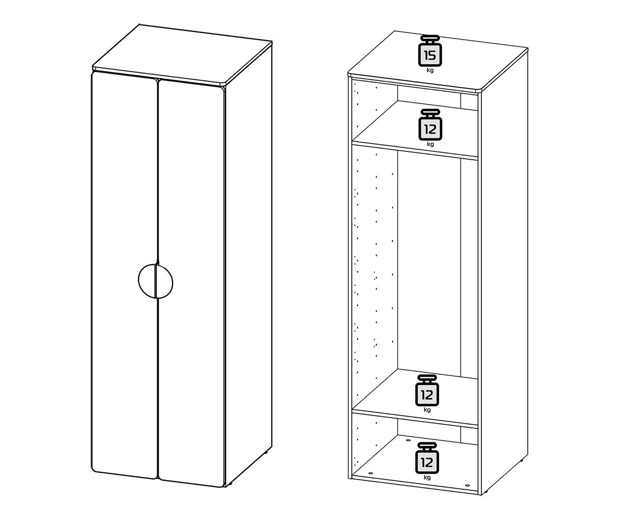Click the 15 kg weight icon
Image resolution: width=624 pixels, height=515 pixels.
pyautogui.click(x=430, y=51)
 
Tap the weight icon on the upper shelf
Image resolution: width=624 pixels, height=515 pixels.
pyautogui.click(x=430, y=125)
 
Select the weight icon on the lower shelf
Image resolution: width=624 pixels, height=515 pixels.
pyautogui.click(x=427, y=390)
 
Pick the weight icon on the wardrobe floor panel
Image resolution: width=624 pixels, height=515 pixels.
pyautogui.click(x=427, y=458)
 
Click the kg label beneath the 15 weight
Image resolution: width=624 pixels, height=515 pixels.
pyautogui.click(x=430, y=71)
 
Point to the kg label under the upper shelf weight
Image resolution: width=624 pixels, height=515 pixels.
pyautogui.click(x=430, y=145)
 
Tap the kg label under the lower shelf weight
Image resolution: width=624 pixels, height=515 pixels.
pyautogui.click(x=427, y=410)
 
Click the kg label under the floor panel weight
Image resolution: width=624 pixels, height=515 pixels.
pyautogui.click(x=427, y=477)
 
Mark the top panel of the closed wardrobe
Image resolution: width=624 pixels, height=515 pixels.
pyautogui.click(x=182, y=55)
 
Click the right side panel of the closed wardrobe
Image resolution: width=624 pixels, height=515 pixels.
pyautogui.click(x=249, y=263)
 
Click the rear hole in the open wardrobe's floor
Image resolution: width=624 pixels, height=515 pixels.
pyautogui.click(x=408, y=440)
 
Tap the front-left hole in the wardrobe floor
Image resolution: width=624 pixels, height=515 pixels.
pyautogui.click(x=371, y=473)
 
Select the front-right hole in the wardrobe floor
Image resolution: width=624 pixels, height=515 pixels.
pyautogui.click(x=468, y=486)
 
